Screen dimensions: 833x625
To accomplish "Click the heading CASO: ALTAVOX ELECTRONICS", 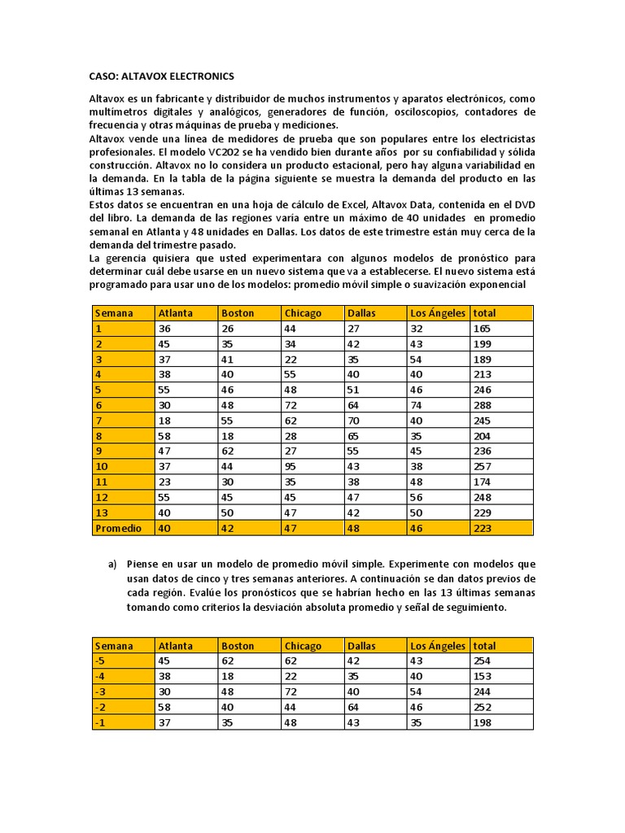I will (x=161, y=76).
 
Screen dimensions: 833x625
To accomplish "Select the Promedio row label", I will (x=117, y=528).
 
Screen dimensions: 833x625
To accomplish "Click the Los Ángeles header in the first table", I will (x=437, y=313).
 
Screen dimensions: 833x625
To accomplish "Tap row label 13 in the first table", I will (x=100, y=512).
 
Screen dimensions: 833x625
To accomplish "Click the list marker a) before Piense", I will (x=112, y=564).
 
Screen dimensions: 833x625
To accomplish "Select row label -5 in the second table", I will (x=100, y=661).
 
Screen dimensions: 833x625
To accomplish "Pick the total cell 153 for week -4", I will (x=483, y=676).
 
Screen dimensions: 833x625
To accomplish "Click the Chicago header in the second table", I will (x=302, y=646).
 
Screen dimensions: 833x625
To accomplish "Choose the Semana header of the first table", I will (x=113, y=313).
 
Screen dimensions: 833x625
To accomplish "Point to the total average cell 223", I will (x=483, y=528).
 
